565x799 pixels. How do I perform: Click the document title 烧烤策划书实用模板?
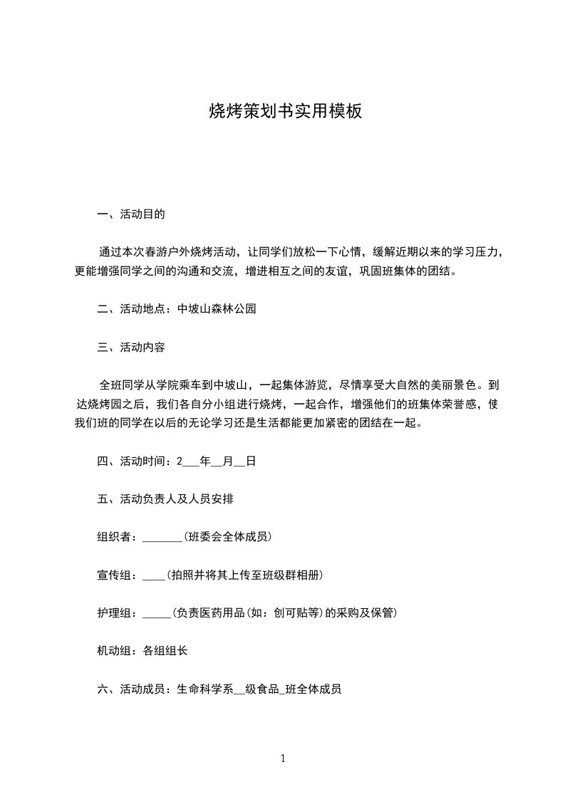[x=285, y=111]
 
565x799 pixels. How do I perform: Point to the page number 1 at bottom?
[x=283, y=758]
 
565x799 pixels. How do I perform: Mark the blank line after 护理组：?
[x=157, y=615]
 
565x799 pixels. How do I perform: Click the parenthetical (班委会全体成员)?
[x=228, y=537]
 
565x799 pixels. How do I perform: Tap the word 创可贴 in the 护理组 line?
[x=289, y=612]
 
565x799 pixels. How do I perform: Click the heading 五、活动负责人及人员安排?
[x=165, y=499]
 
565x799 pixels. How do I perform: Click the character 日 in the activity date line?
[x=250, y=461]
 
